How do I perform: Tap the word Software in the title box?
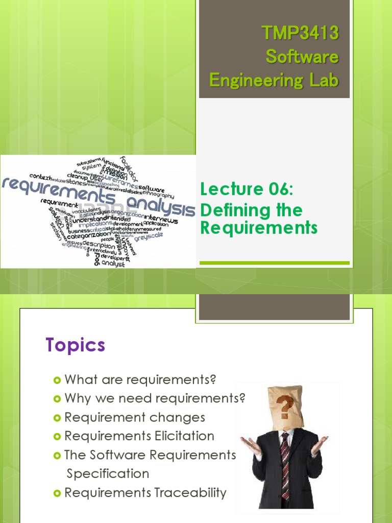click(x=302, y=57)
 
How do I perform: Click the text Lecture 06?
click(x=247, y=189)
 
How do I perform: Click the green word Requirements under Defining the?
click(x=259, y=228)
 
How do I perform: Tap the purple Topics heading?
click(x=75, y=345)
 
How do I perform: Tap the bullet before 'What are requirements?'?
click(x=57, y=380)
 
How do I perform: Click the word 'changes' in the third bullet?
click(x=178, y=417)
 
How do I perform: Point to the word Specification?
click(x=108, y=473)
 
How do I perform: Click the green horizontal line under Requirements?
click(x=274, y=263)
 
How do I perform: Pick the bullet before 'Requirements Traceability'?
click(x=57, y=493)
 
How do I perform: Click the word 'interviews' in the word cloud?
click(x=160, y=219)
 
